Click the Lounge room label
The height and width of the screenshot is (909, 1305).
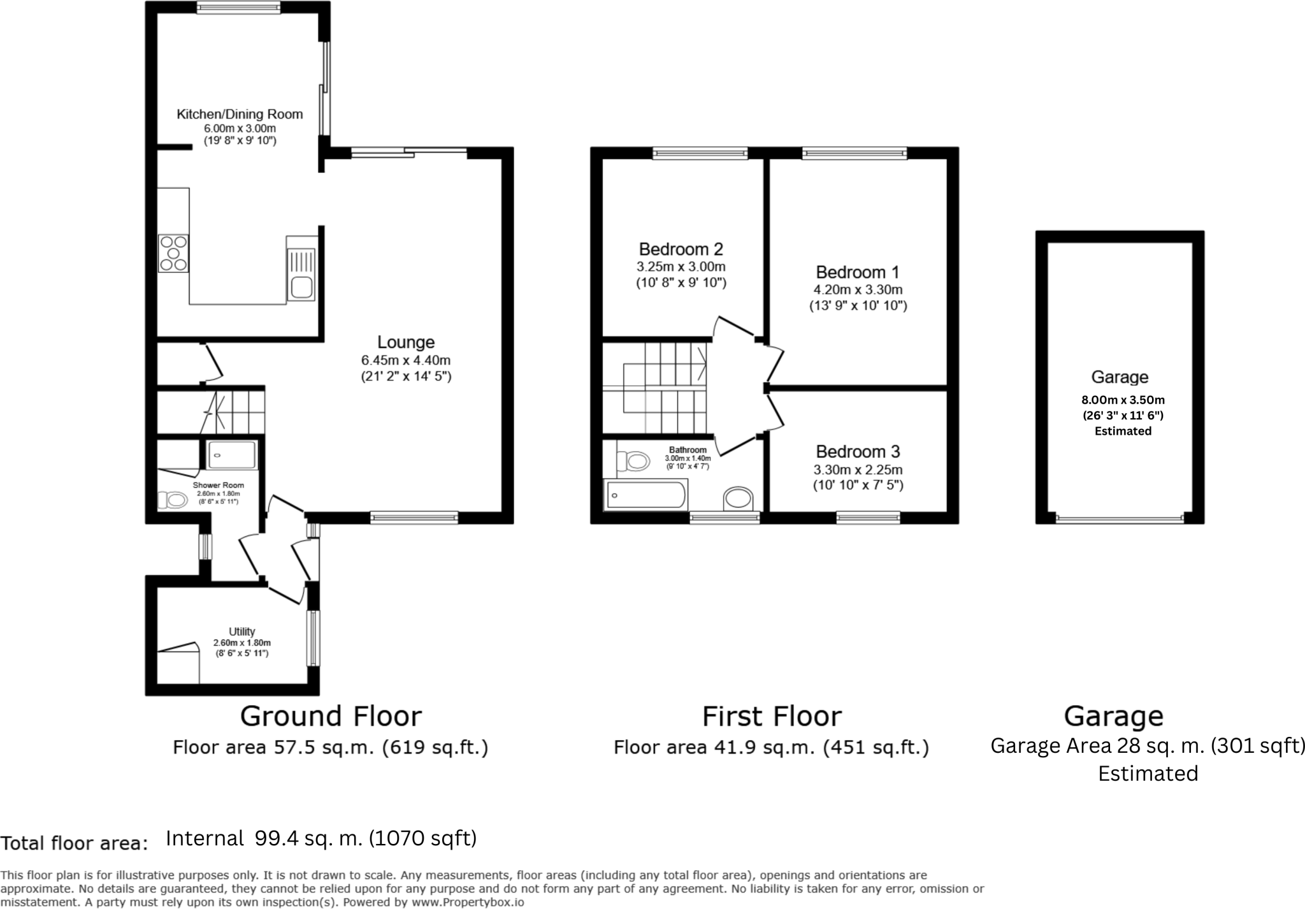[x=405, y=343]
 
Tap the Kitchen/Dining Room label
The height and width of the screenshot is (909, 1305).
[x=240, y=115]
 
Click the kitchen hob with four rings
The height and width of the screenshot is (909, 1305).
[x=173, y=253]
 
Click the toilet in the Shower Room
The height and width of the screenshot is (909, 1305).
[x=171, y=500]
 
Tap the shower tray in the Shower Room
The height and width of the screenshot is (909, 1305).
[x=231, y=455]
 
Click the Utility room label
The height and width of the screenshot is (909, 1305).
[x=242, y=632]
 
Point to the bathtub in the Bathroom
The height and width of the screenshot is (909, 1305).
[x=646, y=495]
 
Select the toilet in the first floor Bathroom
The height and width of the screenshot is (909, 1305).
[x=633, y=460]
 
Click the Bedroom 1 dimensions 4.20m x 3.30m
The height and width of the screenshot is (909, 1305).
[x=858, y=290]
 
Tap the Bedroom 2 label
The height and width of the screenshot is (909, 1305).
[x=681, y=249]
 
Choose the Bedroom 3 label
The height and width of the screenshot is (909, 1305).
[x=858, y=452]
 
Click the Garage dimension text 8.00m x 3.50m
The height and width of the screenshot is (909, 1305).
[x=1123, y=400]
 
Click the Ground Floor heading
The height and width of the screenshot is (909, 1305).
[x=331, y=716]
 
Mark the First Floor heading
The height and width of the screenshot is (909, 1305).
[x=772, y=716]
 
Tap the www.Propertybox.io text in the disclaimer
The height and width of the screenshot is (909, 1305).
[x=467, y=902]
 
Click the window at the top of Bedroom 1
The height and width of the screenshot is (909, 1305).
[x=854, y=153]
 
